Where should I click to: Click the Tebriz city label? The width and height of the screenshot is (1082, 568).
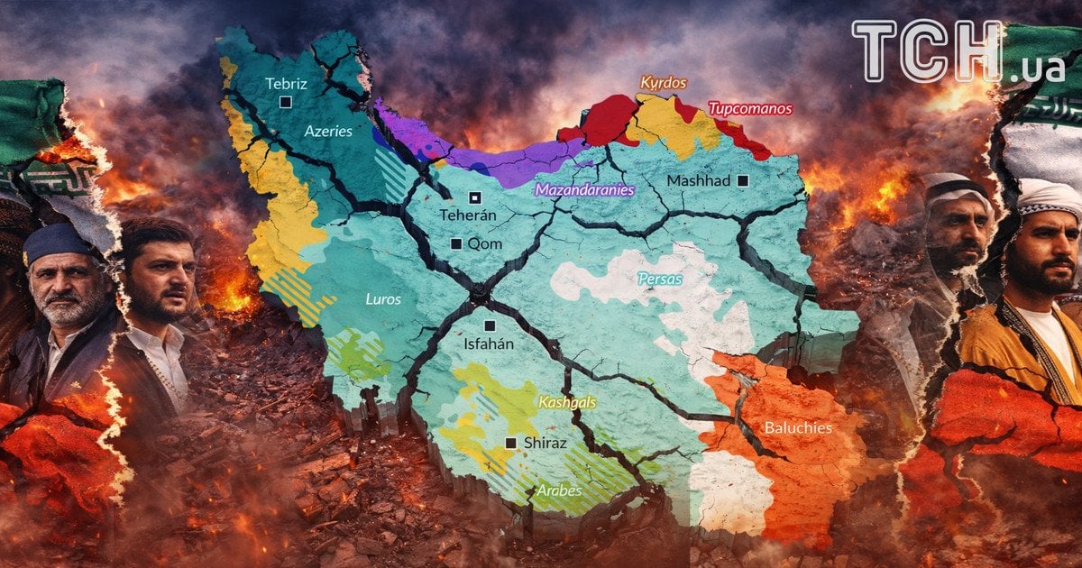286,84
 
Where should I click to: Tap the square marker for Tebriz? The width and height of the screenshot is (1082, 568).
285,102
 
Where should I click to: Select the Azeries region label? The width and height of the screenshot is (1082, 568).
327,131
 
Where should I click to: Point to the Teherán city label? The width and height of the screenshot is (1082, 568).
468,215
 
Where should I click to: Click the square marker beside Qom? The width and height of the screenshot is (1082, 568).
456,243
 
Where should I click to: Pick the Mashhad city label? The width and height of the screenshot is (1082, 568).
698,181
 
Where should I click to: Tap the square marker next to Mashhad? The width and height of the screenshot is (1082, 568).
742,180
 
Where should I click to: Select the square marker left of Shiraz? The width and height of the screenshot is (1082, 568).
511,443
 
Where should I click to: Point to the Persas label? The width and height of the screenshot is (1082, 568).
660,279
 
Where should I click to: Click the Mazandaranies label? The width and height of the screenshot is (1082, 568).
584,190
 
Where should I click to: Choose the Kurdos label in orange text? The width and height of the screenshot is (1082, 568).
664,83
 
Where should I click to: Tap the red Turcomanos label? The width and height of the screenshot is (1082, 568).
749,109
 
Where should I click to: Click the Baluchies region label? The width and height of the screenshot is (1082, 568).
798,427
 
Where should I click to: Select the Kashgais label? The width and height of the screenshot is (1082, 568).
566,402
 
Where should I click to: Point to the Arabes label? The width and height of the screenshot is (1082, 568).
559,491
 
